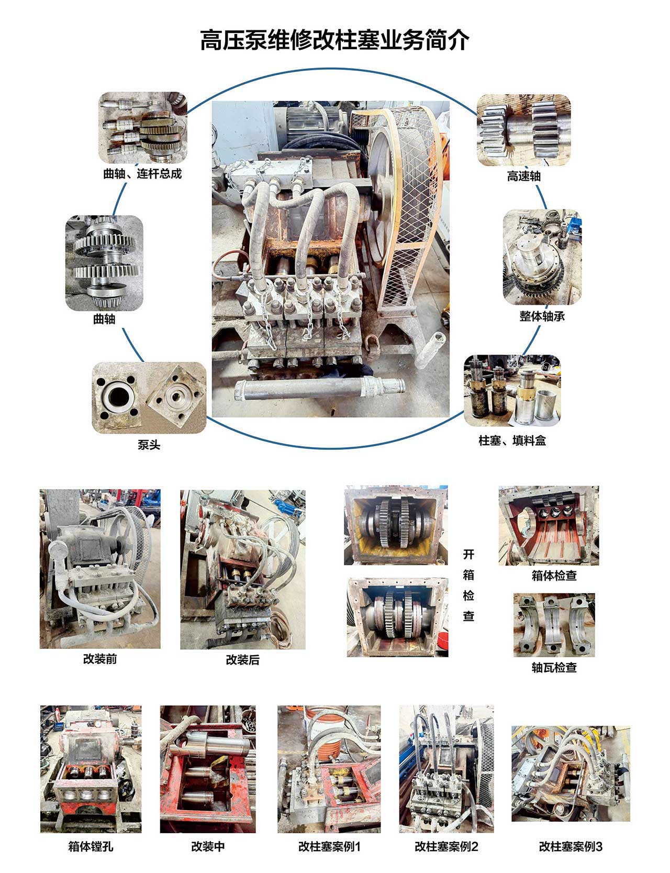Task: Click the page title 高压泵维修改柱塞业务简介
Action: (335, 40)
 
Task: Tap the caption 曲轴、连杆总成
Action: (142, 174)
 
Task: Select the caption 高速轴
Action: (523, 176)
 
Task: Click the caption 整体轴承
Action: (542, 316)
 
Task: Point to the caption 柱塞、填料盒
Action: (512, 440)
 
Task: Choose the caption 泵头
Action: (149, 445)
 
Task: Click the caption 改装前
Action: (100, 659)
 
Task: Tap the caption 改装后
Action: (242, 660)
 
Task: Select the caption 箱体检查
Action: (554, 576)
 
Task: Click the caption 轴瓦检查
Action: (554, 668)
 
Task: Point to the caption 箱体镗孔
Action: (91, 846)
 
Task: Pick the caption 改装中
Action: (208, 846)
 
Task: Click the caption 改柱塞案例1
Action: (330, 846)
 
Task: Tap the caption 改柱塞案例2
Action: (446, 846)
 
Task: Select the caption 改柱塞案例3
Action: (571, 846)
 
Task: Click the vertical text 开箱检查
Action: (468, 585)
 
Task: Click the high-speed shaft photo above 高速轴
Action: (523, 130)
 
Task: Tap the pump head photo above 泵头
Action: (149, 397)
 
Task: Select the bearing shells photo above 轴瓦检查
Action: (554, 625)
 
